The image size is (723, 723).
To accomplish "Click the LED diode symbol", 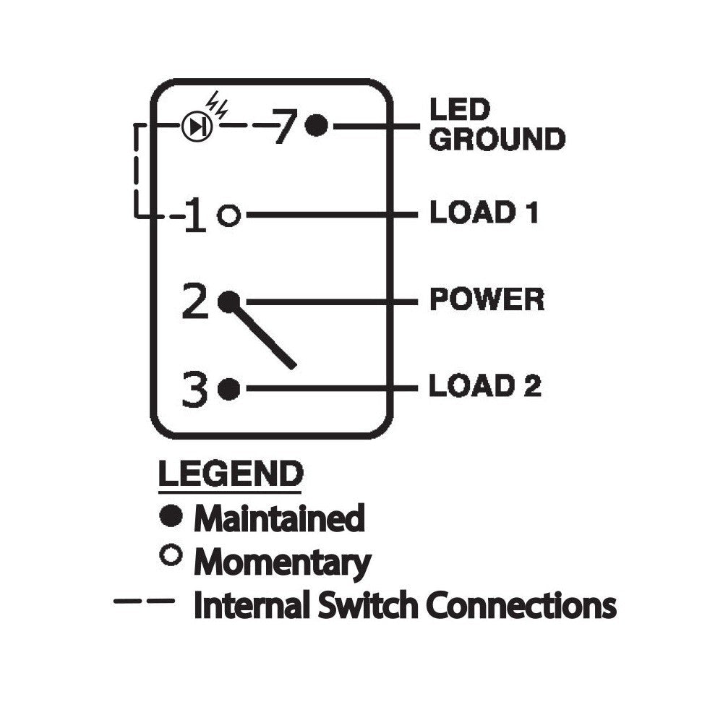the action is tap(197, 127).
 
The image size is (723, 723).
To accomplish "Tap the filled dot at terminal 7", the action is tap(317, 125).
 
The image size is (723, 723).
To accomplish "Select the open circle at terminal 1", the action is tap(228, 215).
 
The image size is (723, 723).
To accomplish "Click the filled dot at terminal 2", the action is tap(228, 302).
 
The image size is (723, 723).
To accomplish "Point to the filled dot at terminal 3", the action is tap(228, 389).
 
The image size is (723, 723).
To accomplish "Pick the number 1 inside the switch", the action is tap(195, 215).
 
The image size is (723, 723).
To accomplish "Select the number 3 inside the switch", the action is tap(194, 389).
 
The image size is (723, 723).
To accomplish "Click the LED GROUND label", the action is tap(497, 124).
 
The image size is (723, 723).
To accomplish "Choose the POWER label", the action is tap(487, 299).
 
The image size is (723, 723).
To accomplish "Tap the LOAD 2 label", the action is tap(484, 385).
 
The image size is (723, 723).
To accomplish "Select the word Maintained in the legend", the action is tap(279, 518).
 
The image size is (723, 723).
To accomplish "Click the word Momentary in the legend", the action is tap(283, 562).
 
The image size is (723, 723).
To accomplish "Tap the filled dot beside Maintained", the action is tap(171, 515).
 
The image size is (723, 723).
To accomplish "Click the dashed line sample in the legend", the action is tap(145, 601).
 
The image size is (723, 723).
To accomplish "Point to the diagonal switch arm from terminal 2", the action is tap(262, 335).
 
